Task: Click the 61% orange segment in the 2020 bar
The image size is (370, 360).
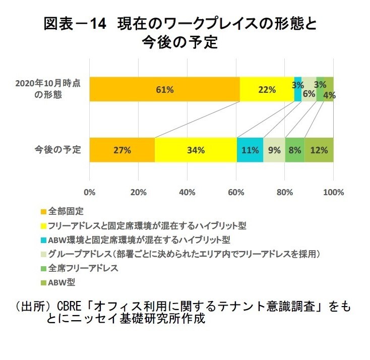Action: pos(164,89)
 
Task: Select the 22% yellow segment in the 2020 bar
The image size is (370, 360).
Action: pos(267,89)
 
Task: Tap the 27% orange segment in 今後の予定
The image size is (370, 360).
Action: pos(122,150)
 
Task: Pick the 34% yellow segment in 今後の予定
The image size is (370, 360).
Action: pos(196,150)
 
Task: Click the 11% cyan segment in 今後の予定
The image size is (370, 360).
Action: pos(250,150)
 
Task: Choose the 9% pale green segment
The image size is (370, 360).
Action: pos(274,150)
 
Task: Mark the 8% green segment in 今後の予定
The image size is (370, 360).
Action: pos(295,150)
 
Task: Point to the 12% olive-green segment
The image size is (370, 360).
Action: pos(319,150)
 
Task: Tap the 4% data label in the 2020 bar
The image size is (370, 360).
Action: pos(330,94)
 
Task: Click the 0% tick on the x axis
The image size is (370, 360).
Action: pos(90,192)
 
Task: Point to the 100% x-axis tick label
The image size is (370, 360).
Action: pos(333,192)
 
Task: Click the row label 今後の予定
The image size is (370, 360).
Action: pos(57,150)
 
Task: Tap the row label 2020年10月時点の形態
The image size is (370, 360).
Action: pos(48,89)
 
